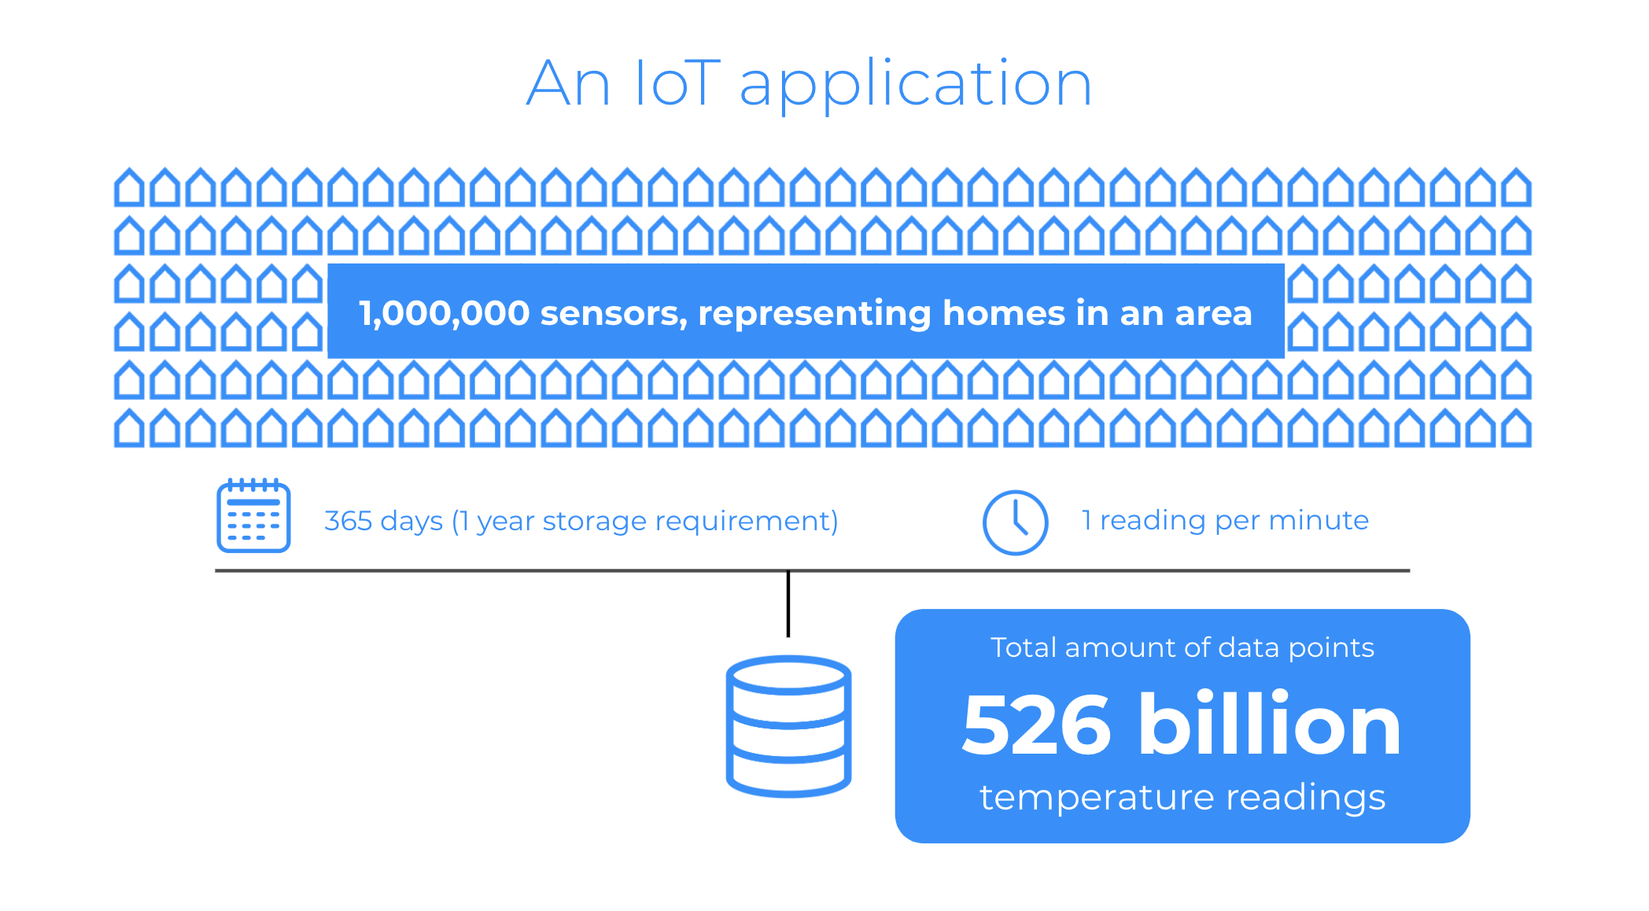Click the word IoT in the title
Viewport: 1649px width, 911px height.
677,83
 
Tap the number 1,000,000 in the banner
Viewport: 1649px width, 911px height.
445,314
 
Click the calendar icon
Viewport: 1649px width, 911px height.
253,515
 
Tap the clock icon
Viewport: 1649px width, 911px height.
1015,522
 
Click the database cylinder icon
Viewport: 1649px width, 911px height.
788,726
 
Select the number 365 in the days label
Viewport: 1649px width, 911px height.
349,521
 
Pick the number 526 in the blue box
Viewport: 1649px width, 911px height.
1036,725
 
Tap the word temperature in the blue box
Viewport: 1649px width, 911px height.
1096,798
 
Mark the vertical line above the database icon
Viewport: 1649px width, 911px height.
788,604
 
